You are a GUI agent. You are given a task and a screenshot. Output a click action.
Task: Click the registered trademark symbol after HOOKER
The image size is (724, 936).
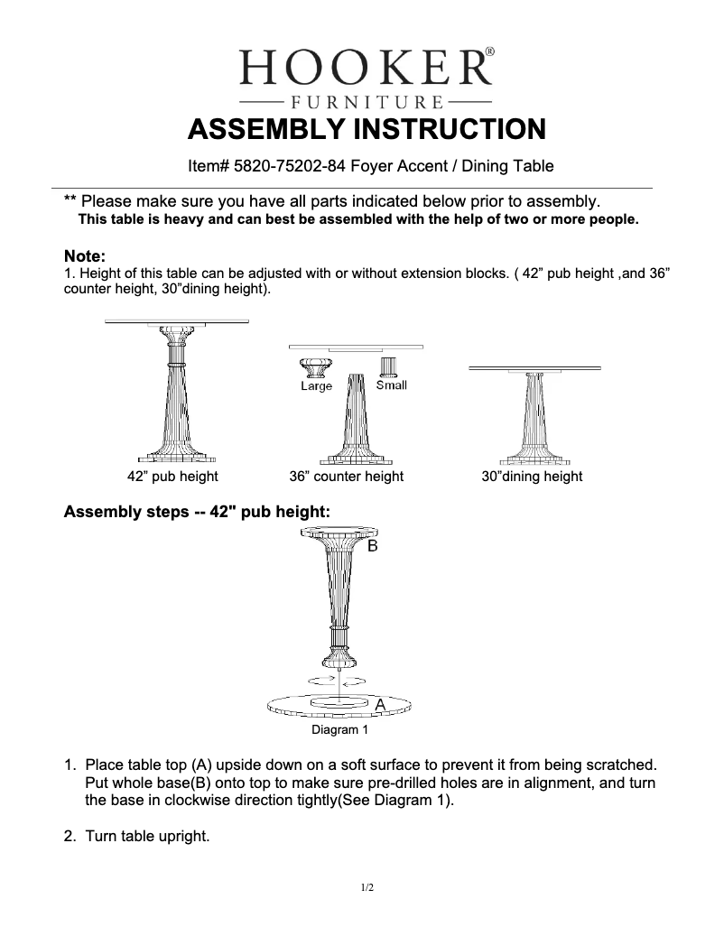coord(489,52)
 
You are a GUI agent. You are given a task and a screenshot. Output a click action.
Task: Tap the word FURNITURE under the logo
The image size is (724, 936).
coord(366,100)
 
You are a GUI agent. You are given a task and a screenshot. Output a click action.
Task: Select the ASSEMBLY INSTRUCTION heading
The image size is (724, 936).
coord(366,129)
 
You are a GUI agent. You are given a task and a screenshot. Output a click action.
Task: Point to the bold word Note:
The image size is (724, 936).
coord(85,256)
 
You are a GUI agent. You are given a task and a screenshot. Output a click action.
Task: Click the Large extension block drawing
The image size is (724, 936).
coord(316,367)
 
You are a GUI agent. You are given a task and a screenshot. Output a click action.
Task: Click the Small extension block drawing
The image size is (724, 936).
coord(390,366)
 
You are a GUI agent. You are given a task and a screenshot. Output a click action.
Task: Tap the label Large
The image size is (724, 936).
coord(316,386)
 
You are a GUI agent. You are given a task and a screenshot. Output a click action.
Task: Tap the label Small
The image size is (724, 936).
coord(391,385)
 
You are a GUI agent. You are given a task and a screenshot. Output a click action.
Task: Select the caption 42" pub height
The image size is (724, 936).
coord(172,476)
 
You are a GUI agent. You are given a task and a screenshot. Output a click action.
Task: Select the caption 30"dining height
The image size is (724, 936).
coord(532,476)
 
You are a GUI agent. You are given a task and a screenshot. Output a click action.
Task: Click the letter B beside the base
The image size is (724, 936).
coord(372,547)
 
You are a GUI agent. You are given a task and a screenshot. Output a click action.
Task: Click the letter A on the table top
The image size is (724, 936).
coord(380,703)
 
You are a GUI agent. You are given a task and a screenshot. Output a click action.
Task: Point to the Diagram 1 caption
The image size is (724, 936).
coord(339,729)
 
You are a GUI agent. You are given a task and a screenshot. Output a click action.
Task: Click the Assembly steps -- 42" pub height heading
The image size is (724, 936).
coord(197,512)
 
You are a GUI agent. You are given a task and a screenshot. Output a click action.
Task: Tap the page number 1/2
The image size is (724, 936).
coord(367,888)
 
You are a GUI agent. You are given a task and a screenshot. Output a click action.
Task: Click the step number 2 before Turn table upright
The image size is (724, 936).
coord(69,836)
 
